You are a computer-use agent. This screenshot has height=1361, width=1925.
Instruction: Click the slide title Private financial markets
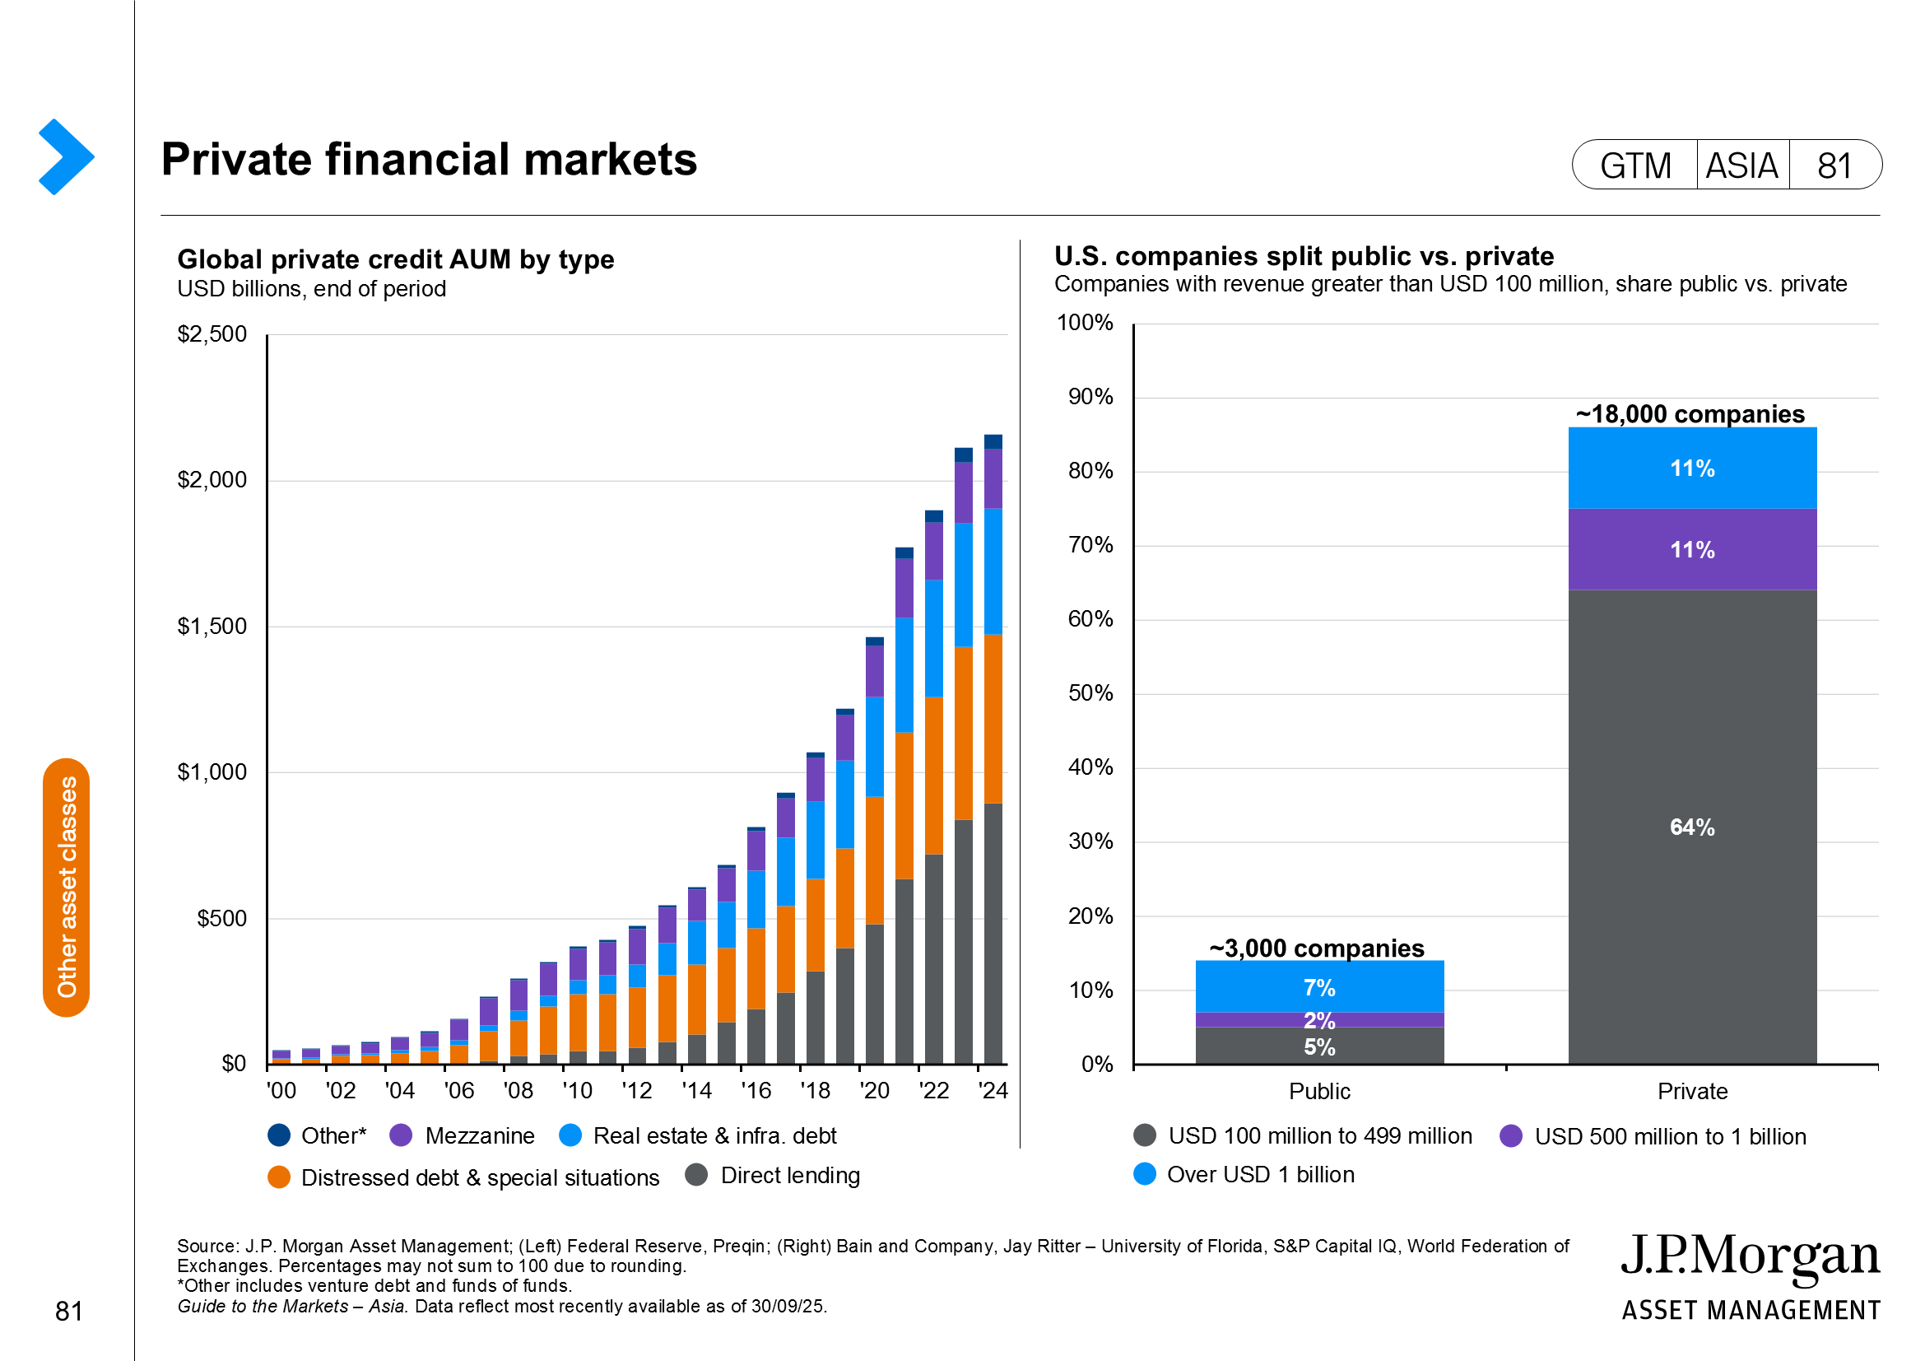pyautogui.click(x=429, y=160)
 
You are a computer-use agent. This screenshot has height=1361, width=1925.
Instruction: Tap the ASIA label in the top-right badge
pyautogui.click(x=1741, y=165)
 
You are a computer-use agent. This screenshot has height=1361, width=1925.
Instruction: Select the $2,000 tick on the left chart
pyautogui.click(x=212, y=480)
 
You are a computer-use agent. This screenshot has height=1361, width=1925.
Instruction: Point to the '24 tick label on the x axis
pyautogui.click(x=993, y=1090)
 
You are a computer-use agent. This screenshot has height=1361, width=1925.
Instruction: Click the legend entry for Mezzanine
pyautogui.click(x=463, y=1135)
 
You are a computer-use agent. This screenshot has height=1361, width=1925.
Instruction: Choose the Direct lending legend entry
pyautogui.click(x=772, y=1176)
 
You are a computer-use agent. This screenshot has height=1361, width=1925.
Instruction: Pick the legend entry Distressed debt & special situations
pyautogui.click(x=463, y=1177)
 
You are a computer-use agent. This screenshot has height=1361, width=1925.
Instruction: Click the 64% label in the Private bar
pyautogui.click(x=1692, y=827)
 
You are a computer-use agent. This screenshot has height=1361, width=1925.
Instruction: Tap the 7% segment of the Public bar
pyautogui.click(x=1318, y=988)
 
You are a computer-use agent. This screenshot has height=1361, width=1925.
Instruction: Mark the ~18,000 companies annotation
pyautogui.click(x=1690, y=414)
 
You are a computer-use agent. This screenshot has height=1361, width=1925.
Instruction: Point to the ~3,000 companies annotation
pyautogui.click(x=1316, y=949)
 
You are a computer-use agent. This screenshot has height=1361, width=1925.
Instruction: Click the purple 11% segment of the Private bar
pyautogui.click(x=1692, y=549)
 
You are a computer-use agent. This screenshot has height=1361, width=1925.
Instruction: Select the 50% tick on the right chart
pyautogui.click(x=1090, y=693)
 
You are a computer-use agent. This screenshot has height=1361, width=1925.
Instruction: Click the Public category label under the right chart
pyautogui.click(x=1318, y=1091)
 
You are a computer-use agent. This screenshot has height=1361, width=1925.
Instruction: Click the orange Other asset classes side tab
pyautogui.click(x=66, y=888)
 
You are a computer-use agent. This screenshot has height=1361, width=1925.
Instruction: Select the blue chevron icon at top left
pyautogui.click(x=66, y=156)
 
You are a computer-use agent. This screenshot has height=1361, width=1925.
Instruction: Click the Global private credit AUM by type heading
pyautogui.click(x=396, y=259)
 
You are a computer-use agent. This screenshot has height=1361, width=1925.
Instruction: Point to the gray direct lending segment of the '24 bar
pyautogui.click(x=993, y=933)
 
